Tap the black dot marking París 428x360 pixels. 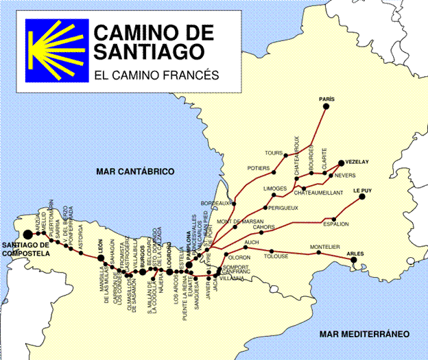pos(326,107)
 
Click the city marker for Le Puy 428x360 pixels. pos(361,197)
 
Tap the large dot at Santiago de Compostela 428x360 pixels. pos(27,235)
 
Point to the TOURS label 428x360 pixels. pos(274,153)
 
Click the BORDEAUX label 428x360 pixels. pos(213,204)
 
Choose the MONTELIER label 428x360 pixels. pos(324,247)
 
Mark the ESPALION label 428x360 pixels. pos(336,224)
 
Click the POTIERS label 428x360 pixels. pos(259,168)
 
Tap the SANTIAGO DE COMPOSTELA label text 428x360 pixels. pos(25,249)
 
